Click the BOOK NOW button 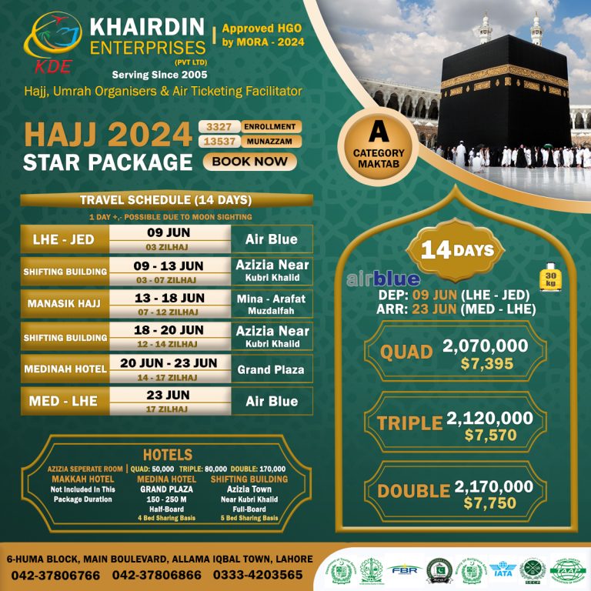pos(250,162)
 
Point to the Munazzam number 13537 pos(219,142)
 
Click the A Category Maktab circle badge pos(379,143)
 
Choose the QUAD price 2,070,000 pos(486,346)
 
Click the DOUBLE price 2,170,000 pos(494,486)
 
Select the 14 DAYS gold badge pos(457,250)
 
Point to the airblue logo pos(383,279)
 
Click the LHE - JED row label pos(63,239)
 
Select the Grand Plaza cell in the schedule pos(271,369)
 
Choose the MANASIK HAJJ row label pos(63,304)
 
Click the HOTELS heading pos(168,454)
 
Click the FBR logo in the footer pos(404,571)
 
